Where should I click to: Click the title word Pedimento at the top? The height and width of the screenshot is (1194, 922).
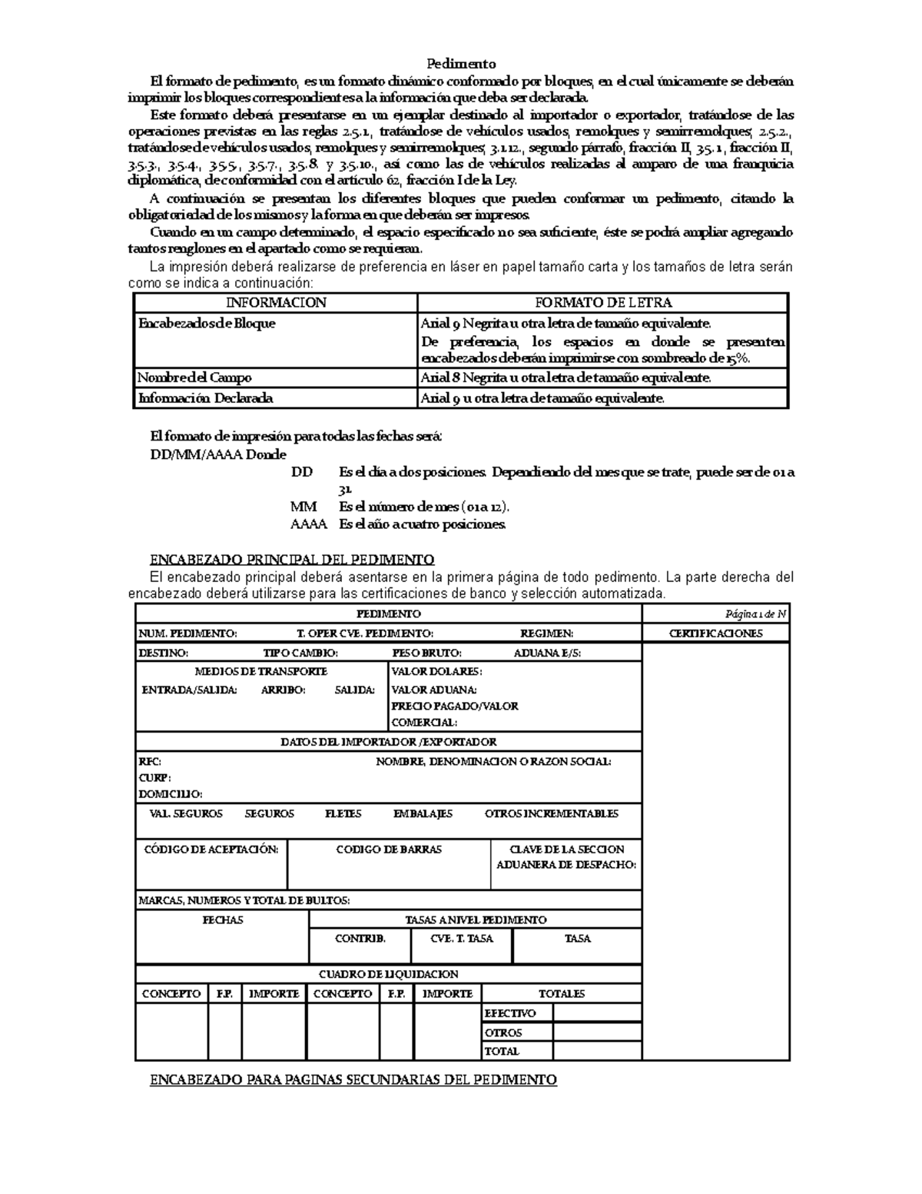pyautogui.click(x=461, y=64)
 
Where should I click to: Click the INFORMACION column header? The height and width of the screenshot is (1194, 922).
pyautogui.click(x=275, y=302)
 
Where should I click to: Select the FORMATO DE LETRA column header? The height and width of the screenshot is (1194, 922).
pyautogui.click(x=602, y=302)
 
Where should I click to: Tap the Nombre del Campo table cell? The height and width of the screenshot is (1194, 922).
pyautogui.click(x=194, y=377)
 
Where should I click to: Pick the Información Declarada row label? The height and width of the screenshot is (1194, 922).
pyautogui.click(x=205, y=398)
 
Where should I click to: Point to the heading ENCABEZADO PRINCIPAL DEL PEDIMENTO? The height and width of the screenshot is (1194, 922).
pyautogui.click(x=292, y=560)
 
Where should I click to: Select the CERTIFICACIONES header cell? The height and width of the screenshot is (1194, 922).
pyautogui.click(x=715, y=634)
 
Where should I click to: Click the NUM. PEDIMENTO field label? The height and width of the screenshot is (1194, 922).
pyautogui.click(x=187, y=634)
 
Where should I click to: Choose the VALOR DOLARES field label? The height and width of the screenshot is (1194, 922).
pyautogui.click(x=436, y=671)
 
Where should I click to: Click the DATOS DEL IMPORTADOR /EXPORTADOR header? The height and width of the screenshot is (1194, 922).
pyautogui.click(x=388, y=742)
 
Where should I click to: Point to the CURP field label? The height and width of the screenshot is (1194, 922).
pyautogui.click(x=154, y=777)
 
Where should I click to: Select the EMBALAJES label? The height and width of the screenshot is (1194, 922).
pyautogui.click(x=423, y=813)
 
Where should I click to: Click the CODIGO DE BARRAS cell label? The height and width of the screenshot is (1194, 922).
pyautogui.click(x=389, y=850)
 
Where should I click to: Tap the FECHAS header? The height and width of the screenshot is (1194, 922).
pyautogui.click(x=222, y=920)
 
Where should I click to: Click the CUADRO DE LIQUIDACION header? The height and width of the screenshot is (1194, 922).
pyautogui.click(x=388, y=974)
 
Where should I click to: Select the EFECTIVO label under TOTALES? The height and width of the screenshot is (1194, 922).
pyautogui.click(x=510, y=1013)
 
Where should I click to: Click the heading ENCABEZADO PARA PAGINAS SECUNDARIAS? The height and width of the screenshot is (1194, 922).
pyautogui.click(x=353, y=1079)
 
